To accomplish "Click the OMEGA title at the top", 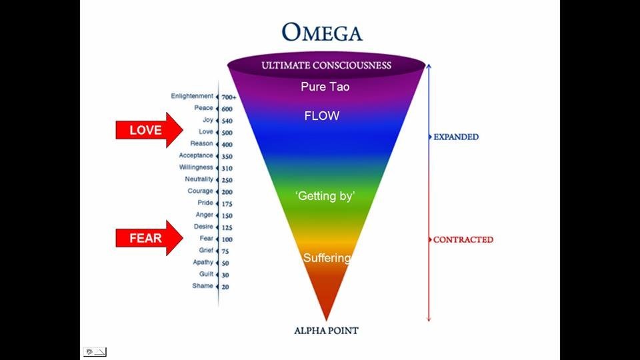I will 321,32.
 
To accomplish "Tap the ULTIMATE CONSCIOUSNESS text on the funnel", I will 326,65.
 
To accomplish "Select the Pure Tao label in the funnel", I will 325,87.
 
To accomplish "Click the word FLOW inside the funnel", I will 322,116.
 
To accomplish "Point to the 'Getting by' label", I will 325,196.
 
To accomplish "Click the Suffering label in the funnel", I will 327,258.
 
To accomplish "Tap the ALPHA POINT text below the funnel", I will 326,330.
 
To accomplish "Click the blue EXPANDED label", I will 456,137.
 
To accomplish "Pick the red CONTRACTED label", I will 463,239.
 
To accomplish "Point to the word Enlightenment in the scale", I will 192,96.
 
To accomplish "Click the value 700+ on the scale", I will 229,97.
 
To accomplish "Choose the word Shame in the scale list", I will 203,286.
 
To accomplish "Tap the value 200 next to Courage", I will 227,192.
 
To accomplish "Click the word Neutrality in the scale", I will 199,179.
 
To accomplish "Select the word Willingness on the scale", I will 195,167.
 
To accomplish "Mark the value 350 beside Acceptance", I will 227,157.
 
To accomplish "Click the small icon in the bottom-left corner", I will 95,351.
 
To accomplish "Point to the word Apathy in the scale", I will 203,262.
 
